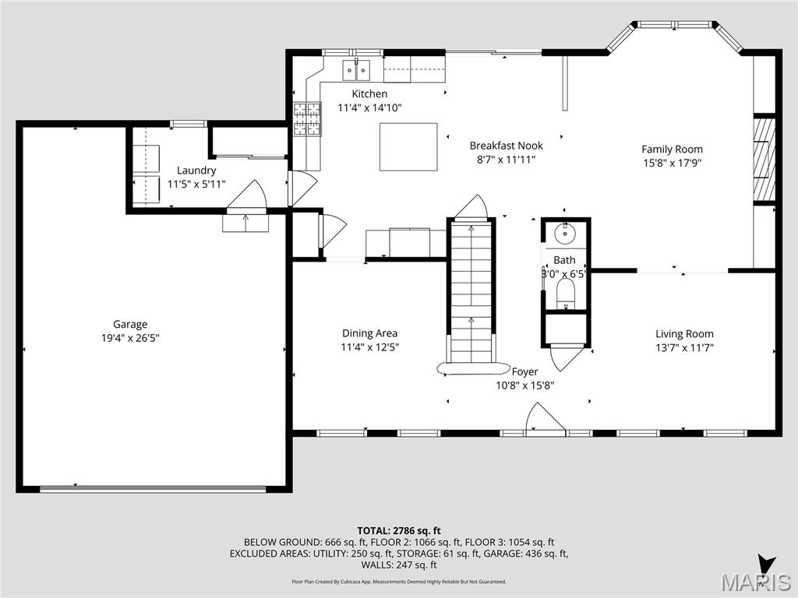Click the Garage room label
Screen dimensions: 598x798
click(x=130, y=325)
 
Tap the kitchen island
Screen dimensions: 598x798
click(x=408, y=146)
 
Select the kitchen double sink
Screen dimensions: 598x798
click(x=358, y=70)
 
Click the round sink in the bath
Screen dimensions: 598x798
click(x=565, y=232)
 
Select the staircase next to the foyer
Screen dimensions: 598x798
click(x=471, y=292)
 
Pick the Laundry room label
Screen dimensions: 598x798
click(x=196, y=171)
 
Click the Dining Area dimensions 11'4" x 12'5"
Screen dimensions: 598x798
click(x=369, y=348)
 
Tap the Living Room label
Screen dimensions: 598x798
click(x=684, y=334)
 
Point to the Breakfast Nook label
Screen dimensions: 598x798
click(x=506, y=146)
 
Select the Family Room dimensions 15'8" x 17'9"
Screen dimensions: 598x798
click(x=672, y=164)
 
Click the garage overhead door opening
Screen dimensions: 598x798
click(x=154, y=489)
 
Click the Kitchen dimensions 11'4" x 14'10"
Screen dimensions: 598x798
click(x=369, y=108)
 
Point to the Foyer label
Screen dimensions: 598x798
click(x=524, y=372)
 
